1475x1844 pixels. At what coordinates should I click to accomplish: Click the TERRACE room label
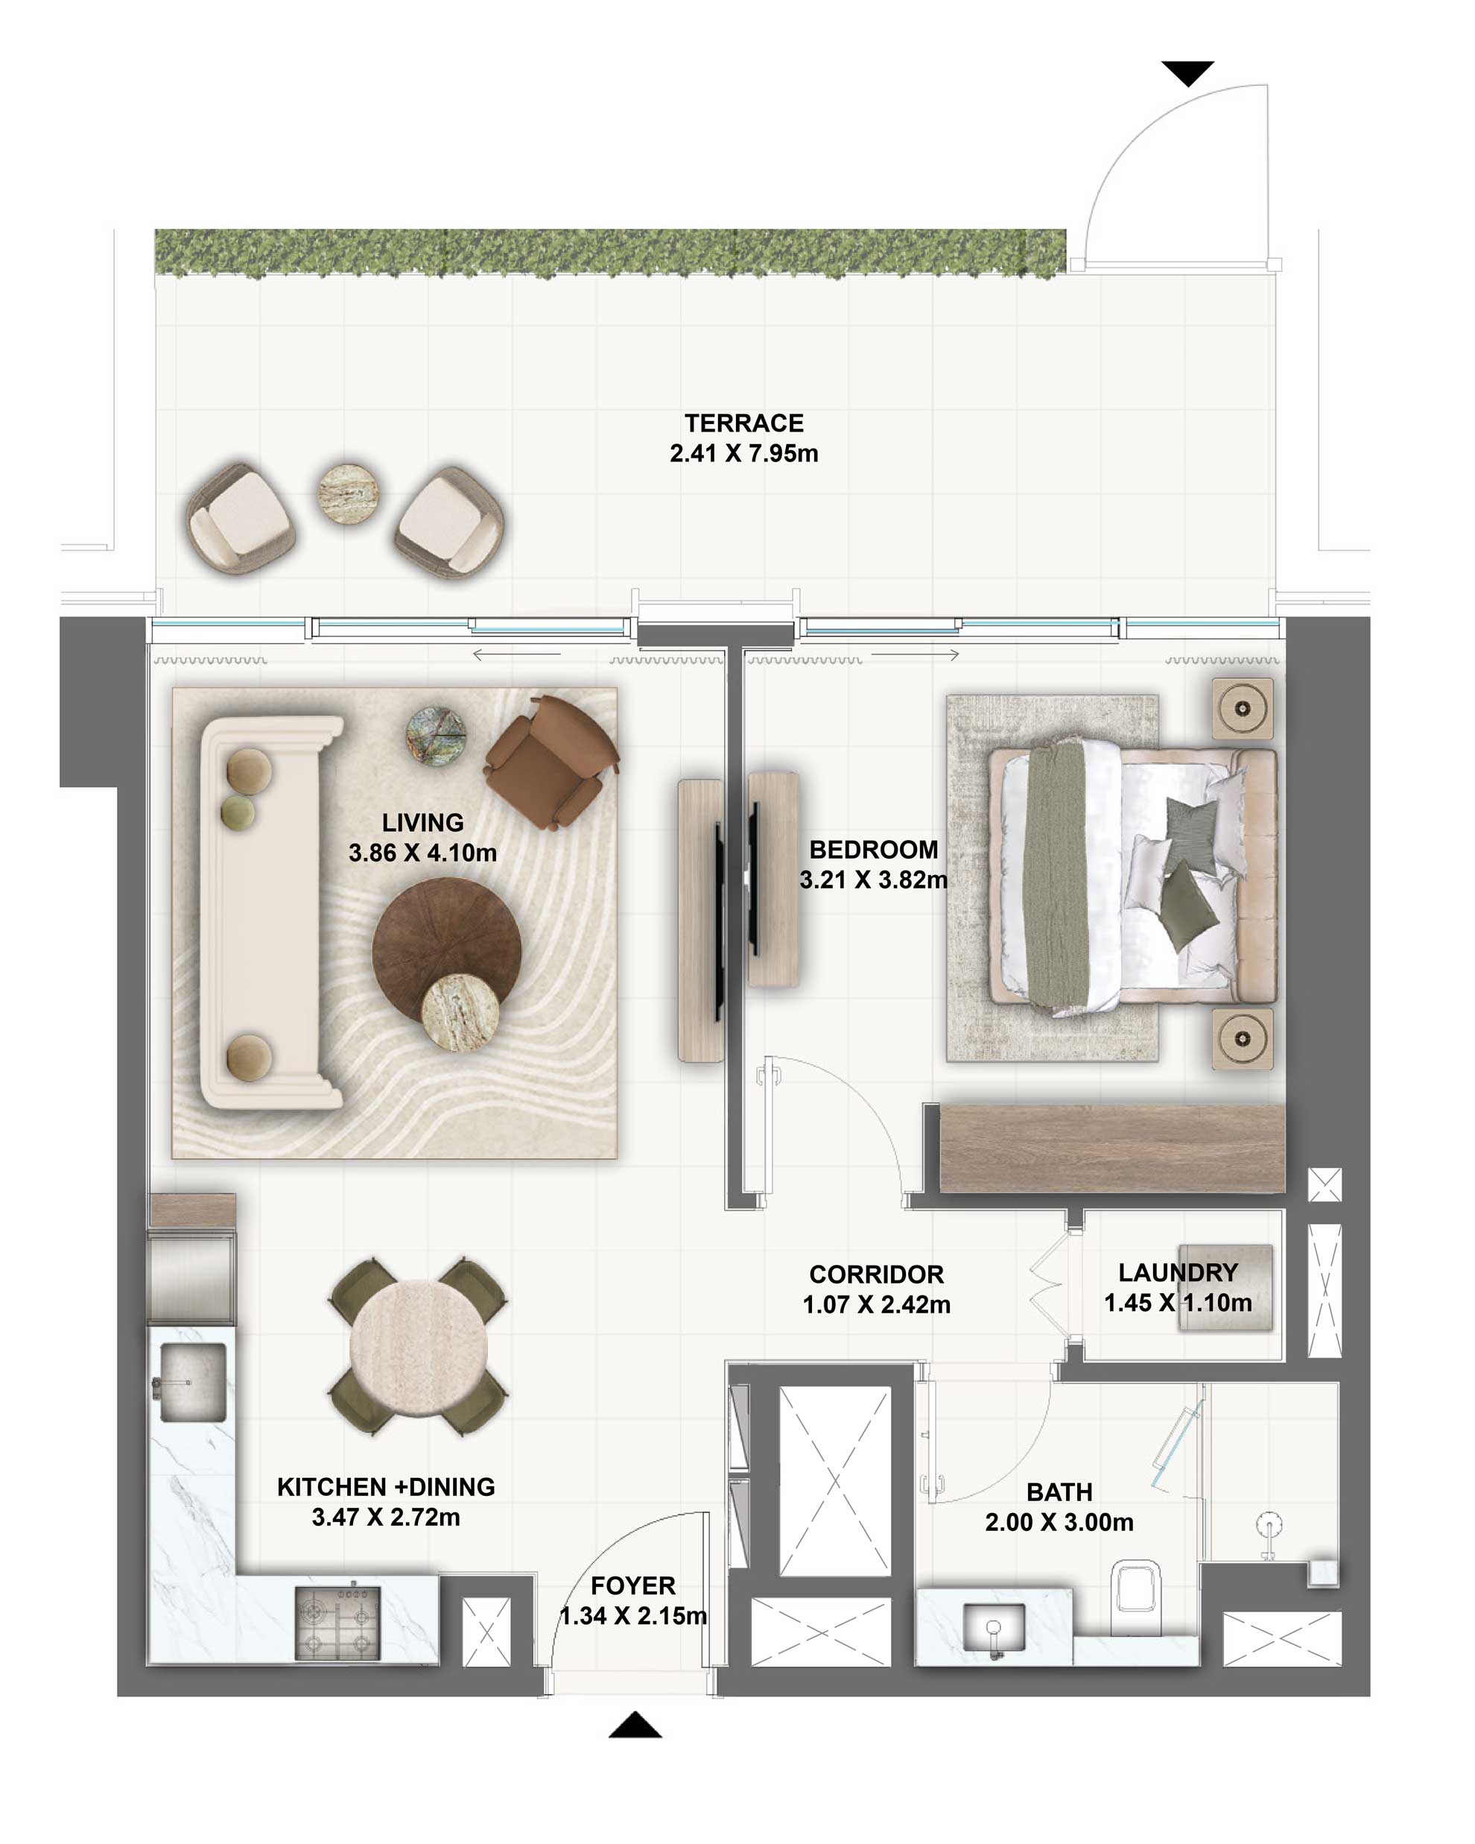click(743, 423)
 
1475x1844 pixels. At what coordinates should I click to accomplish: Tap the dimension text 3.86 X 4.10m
click(422, 853)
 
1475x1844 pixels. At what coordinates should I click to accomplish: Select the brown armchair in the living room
click(549, 760)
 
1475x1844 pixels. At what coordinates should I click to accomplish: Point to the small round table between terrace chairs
click(348, 493)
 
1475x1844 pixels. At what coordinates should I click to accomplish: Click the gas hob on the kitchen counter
click(337, 1623)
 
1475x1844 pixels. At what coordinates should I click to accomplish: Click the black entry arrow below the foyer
click(635, 1725)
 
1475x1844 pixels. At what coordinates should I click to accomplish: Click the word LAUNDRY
click(1178, 1272)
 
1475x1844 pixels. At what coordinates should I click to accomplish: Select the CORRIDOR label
click(875, 1275)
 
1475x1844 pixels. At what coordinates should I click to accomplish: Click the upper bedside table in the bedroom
click(1242, 709)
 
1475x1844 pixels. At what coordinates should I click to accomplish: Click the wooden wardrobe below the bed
click(1111, 1147)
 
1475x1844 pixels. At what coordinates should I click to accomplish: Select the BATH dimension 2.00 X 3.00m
click(1059, 1523)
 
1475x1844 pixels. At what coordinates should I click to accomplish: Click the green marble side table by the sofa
click(435, 736)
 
